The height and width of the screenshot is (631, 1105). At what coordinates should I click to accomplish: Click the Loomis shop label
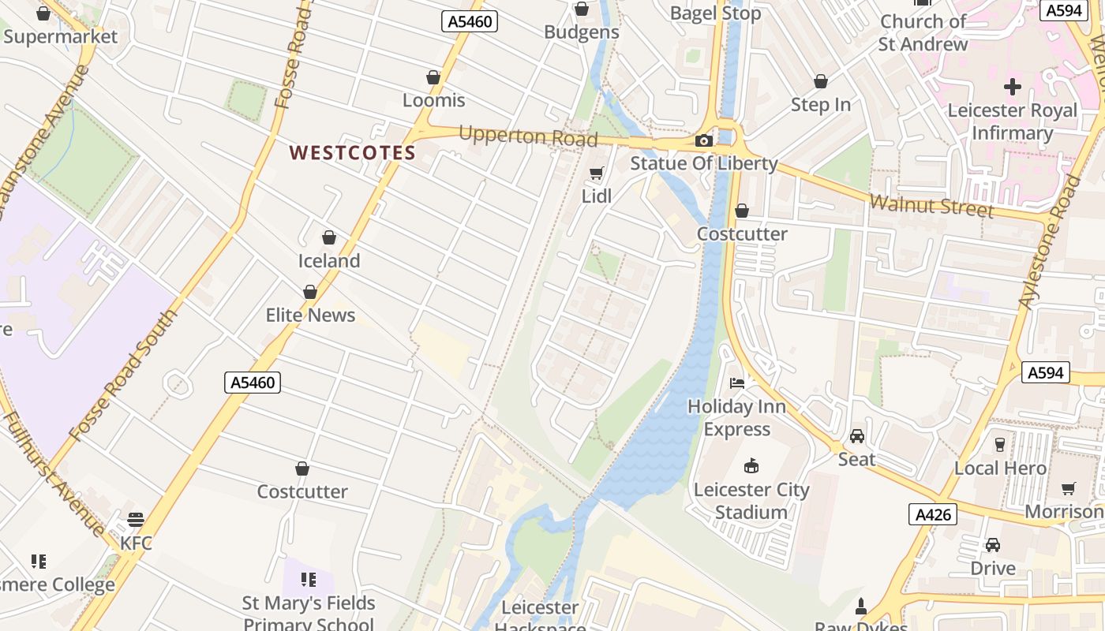pos(434,100)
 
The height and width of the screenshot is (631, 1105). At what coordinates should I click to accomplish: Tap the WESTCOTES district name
pos(352,153)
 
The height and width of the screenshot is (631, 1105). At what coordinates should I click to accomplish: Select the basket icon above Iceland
pos(329,237)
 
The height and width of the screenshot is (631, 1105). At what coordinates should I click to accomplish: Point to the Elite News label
pos(310,315)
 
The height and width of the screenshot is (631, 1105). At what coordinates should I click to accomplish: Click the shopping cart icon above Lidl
pos(597,173)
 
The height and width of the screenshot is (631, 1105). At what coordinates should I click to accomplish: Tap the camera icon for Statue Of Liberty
pos(703,141)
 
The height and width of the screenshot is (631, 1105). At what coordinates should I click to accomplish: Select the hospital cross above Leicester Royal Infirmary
pos(1013,87)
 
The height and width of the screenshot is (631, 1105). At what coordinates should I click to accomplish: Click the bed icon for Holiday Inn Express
pos(737,383)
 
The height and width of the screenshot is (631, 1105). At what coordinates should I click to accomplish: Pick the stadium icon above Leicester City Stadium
pos(751,466)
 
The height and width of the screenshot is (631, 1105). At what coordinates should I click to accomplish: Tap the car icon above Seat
pos(857,436)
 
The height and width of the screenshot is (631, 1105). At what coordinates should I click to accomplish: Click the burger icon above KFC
pos(136,520)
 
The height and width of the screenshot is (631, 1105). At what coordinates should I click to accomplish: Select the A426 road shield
pos(932,514)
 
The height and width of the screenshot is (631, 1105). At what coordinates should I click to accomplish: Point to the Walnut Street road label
pos(931,206)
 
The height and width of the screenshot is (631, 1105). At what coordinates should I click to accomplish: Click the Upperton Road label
pos(528,136)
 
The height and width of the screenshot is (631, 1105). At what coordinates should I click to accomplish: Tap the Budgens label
pos(582,32)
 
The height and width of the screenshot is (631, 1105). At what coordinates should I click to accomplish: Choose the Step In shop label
pos(821,105)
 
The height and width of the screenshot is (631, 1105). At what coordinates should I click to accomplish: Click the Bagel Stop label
pos(715,13)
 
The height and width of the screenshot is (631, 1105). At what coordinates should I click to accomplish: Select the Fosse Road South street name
pos(123,375)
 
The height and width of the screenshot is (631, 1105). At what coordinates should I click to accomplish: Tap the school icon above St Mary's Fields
pos(309,580)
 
